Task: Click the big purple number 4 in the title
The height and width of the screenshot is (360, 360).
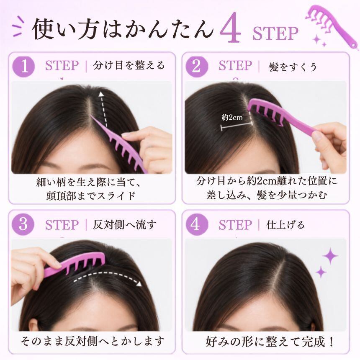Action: click(x=230, y=28)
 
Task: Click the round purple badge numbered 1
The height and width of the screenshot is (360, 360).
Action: click(x=23, y=67)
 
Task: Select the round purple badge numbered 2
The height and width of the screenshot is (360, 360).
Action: click(x=197, y=67)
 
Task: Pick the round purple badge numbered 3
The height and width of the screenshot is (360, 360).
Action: click(x=23, y=224)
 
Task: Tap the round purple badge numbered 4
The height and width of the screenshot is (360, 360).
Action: click(x=197, y=224)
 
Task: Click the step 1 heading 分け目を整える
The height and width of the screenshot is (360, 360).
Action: click(x=129, y=65)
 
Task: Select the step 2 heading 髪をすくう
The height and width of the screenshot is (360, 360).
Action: click(x=293, y=67)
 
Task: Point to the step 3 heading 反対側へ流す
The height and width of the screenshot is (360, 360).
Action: click(x=124, y=224)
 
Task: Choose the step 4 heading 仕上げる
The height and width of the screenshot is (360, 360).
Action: click(x=285, y=225)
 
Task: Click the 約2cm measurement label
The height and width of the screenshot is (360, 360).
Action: click(x=232, y=118)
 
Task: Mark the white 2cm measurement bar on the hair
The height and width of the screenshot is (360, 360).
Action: click(x=237, y=126)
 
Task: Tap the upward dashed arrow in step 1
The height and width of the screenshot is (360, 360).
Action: click(x=103, y=109)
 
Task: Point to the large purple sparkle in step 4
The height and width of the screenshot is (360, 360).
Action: click(x=330, y=255)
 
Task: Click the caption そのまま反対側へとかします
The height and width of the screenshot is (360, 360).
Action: click(x=93, y=342)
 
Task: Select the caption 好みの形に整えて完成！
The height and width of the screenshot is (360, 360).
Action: click(x=270, y=342)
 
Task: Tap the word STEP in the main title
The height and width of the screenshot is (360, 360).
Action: click(x=275, y=34)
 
